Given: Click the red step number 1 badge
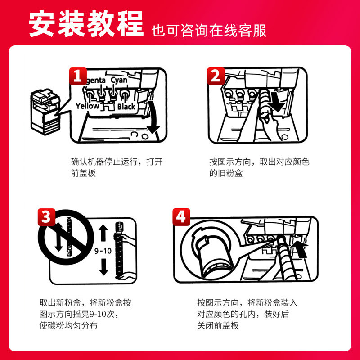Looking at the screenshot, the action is [78, 76].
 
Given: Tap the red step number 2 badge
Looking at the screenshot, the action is [216, 76].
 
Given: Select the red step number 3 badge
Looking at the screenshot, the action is [47, 217].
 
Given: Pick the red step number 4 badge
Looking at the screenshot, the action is [181, 217].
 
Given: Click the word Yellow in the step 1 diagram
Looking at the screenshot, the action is [87, 106].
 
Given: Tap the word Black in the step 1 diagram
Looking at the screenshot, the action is [126, 107].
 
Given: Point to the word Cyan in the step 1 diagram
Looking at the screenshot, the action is [119, 80].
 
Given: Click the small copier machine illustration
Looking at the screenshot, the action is [45, 112].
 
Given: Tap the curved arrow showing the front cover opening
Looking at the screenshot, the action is [153, 117].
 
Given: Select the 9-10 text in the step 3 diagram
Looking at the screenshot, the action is [103, 251].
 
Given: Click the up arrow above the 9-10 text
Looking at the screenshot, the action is [103, 233].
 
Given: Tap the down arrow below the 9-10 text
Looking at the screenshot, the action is [104, 267].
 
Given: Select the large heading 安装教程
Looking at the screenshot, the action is [86, 24].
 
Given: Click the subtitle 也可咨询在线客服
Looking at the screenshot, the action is [209, 31].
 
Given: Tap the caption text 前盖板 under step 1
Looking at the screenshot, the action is [83, 173].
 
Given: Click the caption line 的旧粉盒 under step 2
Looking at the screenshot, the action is [226, 173].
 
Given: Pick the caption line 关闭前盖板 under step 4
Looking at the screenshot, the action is [218, 325].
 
